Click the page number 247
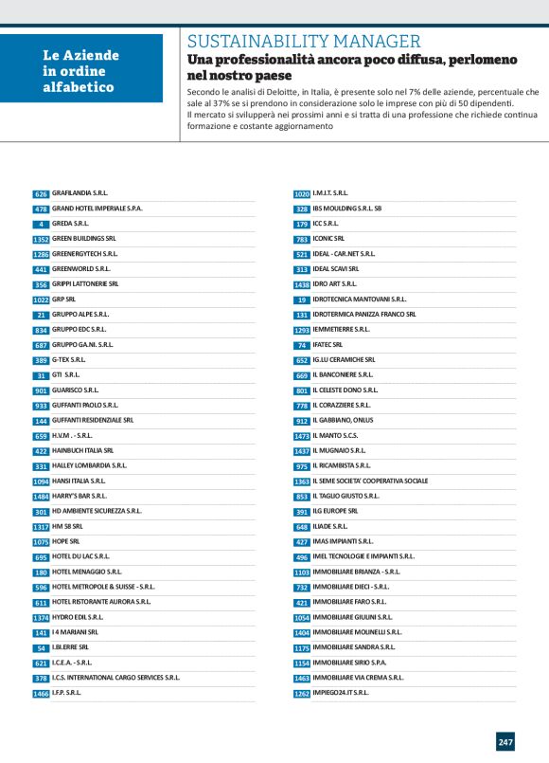tap(505, 741)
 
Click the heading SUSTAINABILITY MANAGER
tap(304, 41)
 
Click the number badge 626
tap(41, 193)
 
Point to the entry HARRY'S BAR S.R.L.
tap(79, 496)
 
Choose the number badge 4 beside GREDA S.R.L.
tap(41, 224)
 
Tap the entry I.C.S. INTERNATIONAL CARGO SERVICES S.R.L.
tap(115, 678)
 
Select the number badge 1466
tap(41, 693)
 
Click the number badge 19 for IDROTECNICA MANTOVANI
tap(302, 299)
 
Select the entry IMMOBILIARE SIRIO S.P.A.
tap(352, 663)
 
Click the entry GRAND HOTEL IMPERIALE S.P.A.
tap(97, 209)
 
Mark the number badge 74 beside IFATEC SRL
tap(302, 344)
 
